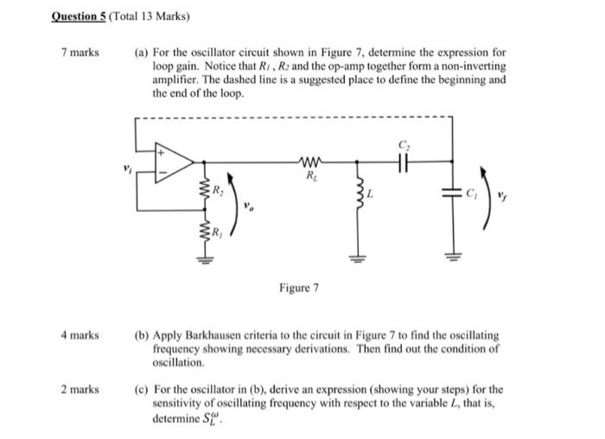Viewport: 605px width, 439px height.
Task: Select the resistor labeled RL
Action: click(309, 160)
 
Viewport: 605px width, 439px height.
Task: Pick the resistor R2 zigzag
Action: click(205, 189)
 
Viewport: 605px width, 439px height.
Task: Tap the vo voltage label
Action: click(250, 207)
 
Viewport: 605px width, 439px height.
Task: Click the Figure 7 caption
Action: click(298, 287)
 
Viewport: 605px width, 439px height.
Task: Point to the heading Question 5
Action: click(83, 16)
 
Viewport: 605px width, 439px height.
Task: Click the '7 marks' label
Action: click(80, 52)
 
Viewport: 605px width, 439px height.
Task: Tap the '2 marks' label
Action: click(80, 390)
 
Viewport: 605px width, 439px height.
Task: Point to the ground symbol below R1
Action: click(205, 258)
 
